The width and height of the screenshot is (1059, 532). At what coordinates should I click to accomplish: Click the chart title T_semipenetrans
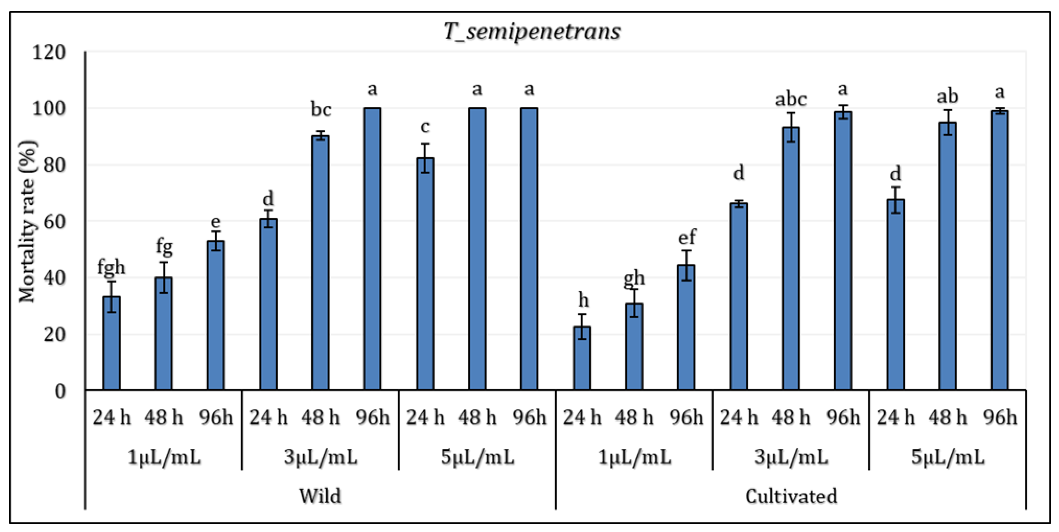(532, 32)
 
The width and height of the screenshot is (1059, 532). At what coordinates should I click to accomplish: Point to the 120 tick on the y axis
(49, 53)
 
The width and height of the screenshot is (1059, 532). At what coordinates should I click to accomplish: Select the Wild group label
(320, 496)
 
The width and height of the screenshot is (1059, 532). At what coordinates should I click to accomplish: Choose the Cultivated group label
(791, 496)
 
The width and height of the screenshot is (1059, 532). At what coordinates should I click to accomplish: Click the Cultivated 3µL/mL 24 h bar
(739, 296)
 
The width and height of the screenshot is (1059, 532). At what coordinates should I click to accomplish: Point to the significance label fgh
(111, 268)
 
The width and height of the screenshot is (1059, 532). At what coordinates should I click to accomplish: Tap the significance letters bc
(321, 109)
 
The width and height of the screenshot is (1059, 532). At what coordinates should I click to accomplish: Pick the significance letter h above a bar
(583, 300)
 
